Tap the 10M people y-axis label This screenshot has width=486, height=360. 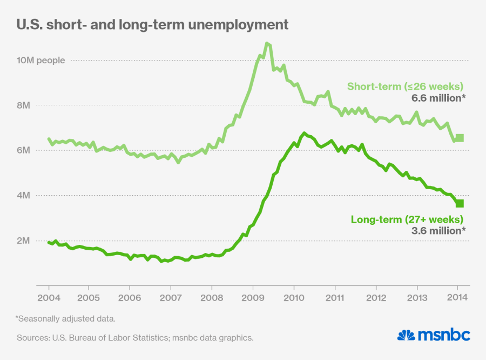pos(41,60)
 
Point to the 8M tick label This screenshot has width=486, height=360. pos(23,105)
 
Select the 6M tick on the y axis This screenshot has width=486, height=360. pos(23,150)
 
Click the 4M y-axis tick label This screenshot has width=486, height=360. pos(23,196)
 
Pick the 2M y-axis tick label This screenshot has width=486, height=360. pos(23,241)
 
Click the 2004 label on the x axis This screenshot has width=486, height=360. pos(48,298)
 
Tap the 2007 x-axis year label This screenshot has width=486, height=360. pos(171,298)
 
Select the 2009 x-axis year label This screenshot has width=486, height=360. pos(253,298)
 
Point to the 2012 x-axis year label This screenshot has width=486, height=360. pos(375,298)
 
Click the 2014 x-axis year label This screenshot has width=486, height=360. pos(457,298)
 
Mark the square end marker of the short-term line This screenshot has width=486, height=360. pos(460,138)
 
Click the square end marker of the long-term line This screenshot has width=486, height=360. pos(460,203)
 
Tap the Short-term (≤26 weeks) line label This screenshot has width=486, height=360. pos(405,86)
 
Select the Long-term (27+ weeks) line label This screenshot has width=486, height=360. pos(407,219)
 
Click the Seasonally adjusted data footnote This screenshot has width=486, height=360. pos(66,318)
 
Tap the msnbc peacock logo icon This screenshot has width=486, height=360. pos(406,335)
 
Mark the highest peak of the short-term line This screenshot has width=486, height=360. pos(267,43)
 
